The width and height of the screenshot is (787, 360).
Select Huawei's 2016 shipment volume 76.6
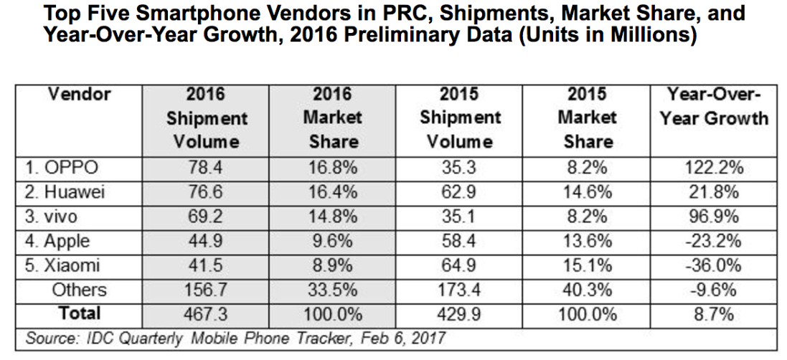205,192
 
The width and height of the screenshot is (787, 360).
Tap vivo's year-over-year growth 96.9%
712,217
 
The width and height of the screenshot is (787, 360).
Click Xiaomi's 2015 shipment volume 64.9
460,265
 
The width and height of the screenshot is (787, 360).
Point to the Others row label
78,290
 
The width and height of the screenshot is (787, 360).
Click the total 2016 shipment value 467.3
205,313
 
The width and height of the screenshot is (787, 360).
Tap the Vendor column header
79,93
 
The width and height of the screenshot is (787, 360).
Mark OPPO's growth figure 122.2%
712,168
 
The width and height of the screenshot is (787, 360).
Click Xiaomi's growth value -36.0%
712,265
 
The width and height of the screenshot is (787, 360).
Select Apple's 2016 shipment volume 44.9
205,241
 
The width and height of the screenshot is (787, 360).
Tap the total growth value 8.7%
712,313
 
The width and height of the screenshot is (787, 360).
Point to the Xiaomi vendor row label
64,265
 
